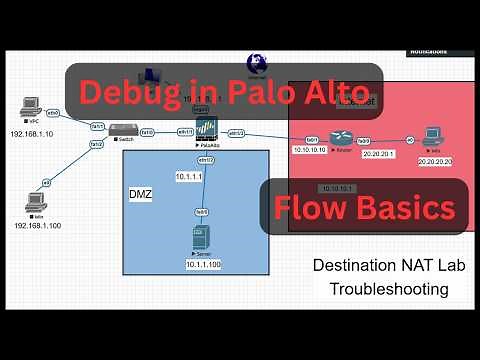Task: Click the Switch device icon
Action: (122, 129)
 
